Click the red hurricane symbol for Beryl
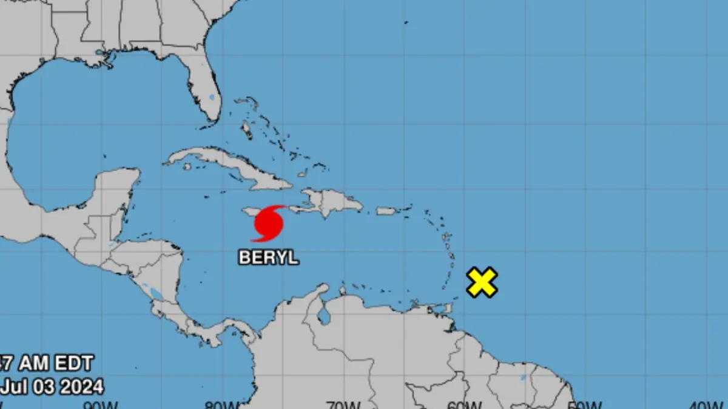coord(268,224)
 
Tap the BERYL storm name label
coord(269,257)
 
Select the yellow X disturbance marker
coord(482,282)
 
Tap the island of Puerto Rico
coord(386,211)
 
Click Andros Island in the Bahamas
coord(246,129)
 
